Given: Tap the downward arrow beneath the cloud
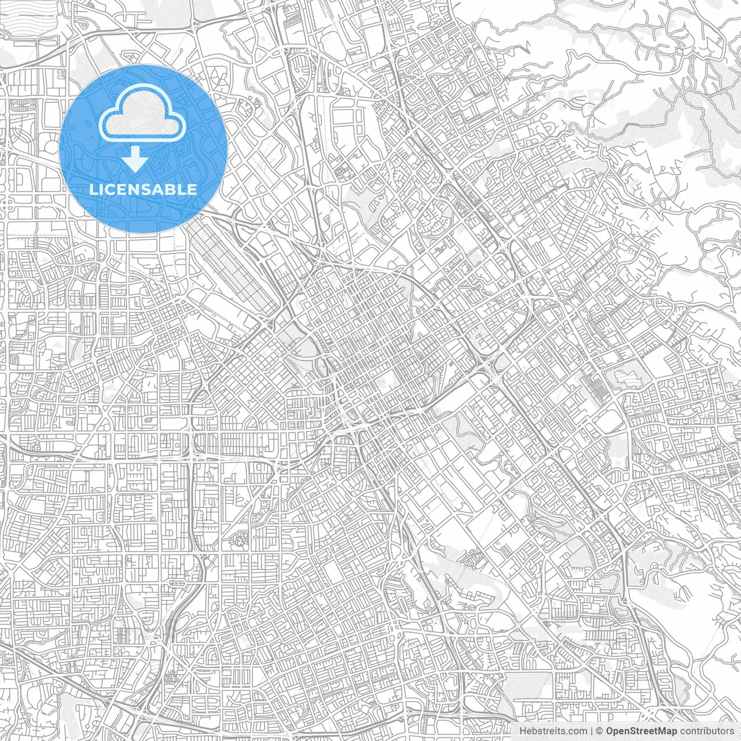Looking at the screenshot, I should coord(136,159).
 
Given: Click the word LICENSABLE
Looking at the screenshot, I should coord(143,189).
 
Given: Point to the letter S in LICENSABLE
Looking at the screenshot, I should coord(148,189).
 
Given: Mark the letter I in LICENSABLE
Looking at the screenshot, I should coord(102,189).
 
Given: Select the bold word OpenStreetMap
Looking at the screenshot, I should coord(641,731).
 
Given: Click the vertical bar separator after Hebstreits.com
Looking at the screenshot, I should coord(592,731).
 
